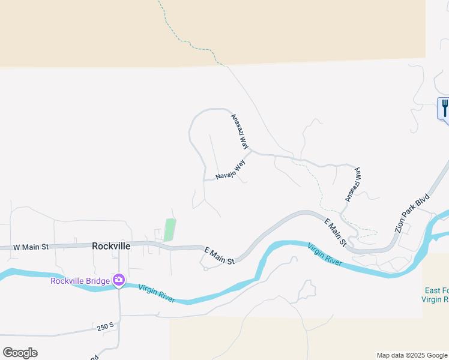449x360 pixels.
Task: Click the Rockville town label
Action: (x=111, y=246)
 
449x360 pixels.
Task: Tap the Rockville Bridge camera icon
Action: (x=119, y=280)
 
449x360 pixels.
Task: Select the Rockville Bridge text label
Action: (x=80, y=281)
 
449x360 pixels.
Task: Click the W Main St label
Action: (x=30, y=247)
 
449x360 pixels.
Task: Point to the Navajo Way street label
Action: (x=231, y=170)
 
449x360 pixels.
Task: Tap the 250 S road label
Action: (x=105, y=328)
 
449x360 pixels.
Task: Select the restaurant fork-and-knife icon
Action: (x=445, y=108)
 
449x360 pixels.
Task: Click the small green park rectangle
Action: (x=170, y=230)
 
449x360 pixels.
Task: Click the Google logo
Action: (x=20, y=353)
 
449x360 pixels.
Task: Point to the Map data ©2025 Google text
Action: (x=412, y=355)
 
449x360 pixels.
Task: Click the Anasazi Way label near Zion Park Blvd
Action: (x=353, y=184)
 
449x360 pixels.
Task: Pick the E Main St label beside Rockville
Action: (x=219, y=256)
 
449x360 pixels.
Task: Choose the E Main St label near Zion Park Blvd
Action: (x=335, y=233)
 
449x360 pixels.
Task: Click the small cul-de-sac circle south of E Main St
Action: (x=205, y=269)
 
